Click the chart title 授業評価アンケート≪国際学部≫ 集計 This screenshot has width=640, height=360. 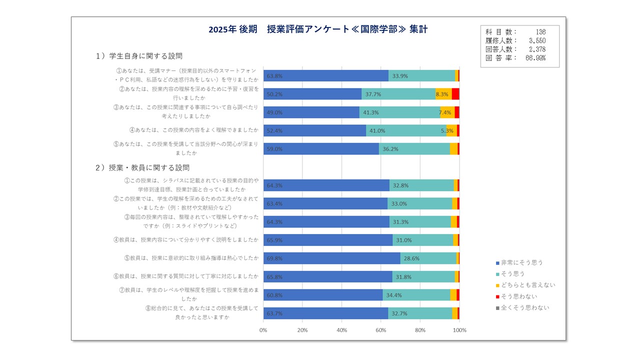pyautogui.click(x=318, y=29)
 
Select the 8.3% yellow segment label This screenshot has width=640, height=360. pyautogui.click(x=441, y=94)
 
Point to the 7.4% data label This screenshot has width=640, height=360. pyautogui.click(x=445, y=112)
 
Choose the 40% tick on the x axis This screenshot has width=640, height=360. pyautogui.click(x=341, y=330)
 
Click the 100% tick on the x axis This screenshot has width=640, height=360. pyautogui.click(x=459, y=330)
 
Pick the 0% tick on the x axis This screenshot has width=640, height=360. pyautogui.click(x=263, y=330)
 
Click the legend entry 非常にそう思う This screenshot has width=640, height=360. pyautogui.click(x=521, y=262)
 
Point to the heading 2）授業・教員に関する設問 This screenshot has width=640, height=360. pyautogui.click(x=142, y=167)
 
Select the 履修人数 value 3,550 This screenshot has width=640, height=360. pyautogui.click(x=536, y=40)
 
